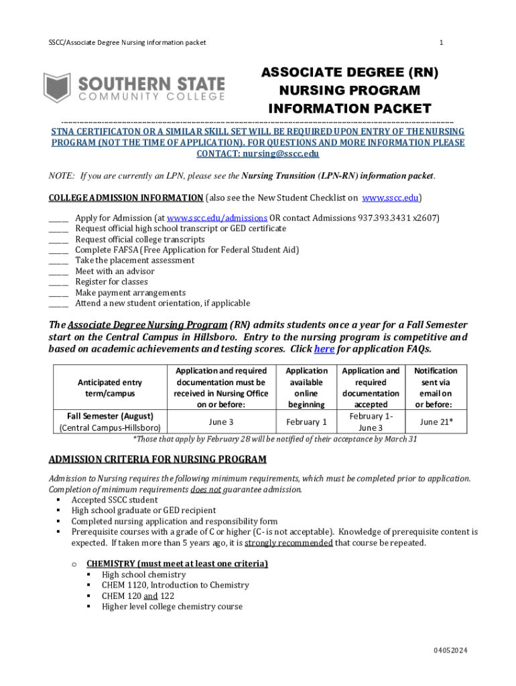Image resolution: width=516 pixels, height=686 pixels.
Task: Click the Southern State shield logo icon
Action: [57, 88]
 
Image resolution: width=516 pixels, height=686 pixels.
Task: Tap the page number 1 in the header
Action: [441, 43]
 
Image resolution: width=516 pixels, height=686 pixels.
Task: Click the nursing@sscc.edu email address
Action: [281, 153]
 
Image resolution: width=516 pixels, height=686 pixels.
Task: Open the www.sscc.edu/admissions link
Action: [217, 218]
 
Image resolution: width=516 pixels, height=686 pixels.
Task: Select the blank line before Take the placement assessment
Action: [58, 261]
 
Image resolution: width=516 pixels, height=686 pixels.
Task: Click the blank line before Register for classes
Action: [58, 282]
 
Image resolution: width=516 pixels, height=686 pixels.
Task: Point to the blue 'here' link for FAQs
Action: [324, 349]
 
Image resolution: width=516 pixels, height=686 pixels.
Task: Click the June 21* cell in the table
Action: [436, 421]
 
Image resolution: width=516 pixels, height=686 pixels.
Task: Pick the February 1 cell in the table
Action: [306, 421]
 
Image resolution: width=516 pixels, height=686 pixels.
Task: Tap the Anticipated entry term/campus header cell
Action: [110, 388]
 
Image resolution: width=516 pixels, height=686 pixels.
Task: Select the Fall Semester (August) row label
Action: [110, 415]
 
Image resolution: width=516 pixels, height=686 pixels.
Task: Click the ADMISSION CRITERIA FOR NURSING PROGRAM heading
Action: [157, 460]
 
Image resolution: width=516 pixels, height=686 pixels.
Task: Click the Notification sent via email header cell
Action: [436, 388]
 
